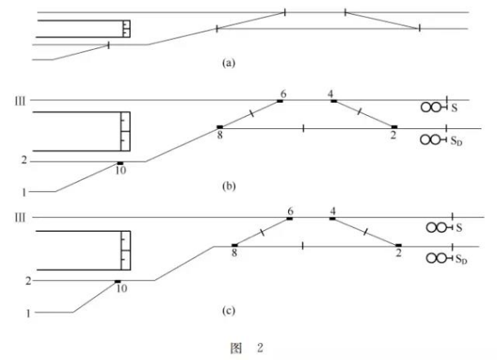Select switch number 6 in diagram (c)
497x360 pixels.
(x=290, y=211)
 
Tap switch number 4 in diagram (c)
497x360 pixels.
(x=333, y=211)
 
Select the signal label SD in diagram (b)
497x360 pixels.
(x=457, y=140)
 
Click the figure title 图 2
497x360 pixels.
(x=247, y=348)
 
